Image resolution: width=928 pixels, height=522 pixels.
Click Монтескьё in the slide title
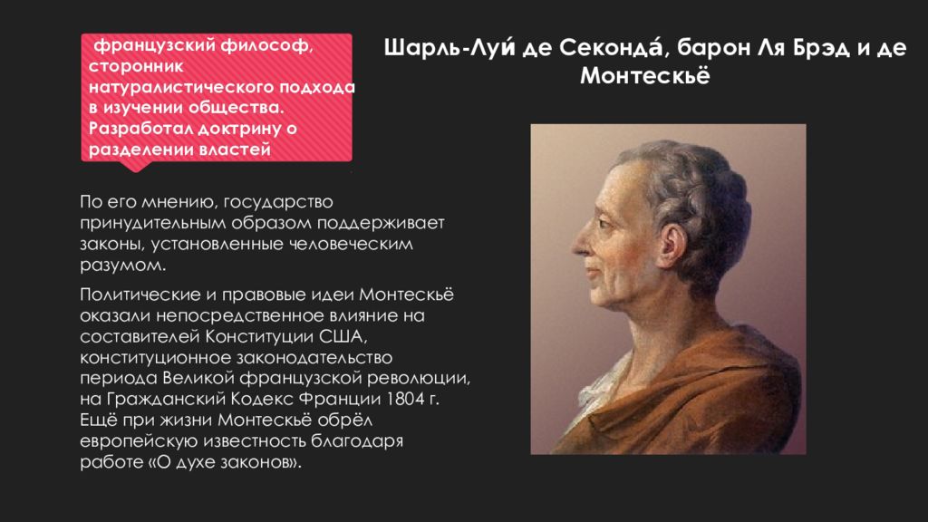point(644,76)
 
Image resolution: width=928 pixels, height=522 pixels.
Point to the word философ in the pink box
point(267,45)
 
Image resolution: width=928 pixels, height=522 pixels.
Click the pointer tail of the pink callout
point(136,167)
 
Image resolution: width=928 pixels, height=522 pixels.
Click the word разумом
point(123,266)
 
